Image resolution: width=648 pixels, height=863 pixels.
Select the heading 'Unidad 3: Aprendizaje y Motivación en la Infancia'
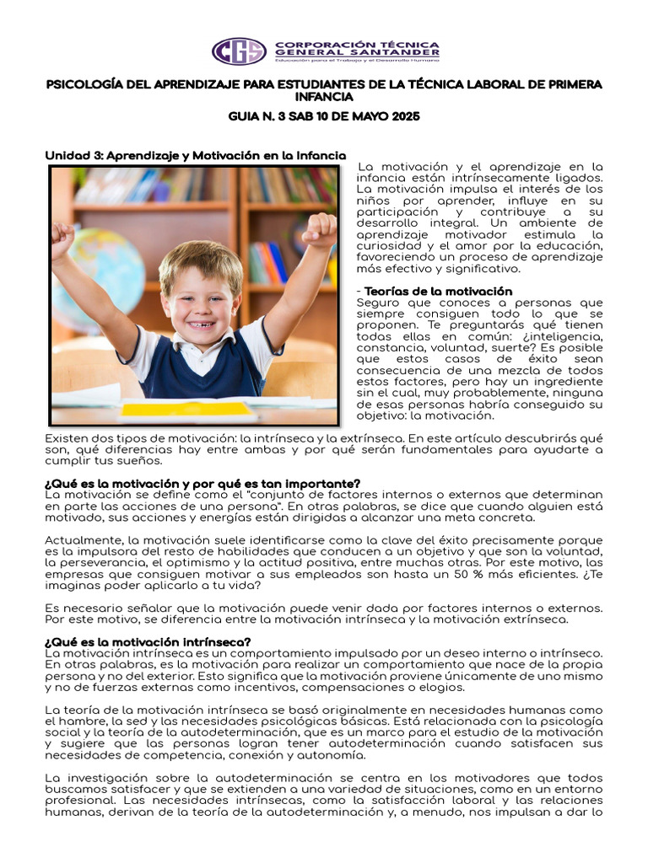coord(195,156)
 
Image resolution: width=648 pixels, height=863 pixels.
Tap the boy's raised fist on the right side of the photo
coord(321,229)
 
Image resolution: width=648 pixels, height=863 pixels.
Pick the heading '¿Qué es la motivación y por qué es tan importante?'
coord(202,483)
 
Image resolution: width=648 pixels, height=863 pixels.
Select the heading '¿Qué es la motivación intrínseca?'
coord(148,642)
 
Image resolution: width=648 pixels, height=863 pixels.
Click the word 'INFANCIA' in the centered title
coord(324,98)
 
